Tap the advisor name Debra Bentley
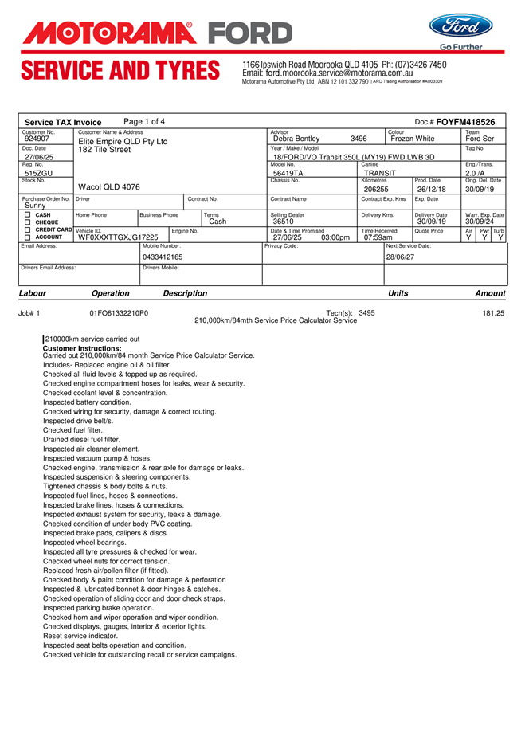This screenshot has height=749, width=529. click(296, 139)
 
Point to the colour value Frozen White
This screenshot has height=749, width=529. click(413, 139)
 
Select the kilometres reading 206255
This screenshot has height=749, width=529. click(376, 189)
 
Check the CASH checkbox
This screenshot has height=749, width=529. click(27, 214)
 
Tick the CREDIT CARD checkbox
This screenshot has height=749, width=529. click(27, 229)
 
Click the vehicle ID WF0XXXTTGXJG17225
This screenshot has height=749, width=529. click(118, 237)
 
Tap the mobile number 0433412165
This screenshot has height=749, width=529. click(163, 257)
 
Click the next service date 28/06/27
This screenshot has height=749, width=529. click(400, 257)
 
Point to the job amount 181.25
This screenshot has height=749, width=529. click(493, 313)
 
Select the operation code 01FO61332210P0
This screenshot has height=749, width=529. click(119, 313)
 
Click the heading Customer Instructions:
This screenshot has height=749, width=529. click(82, 348)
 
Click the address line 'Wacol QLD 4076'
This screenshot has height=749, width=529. click(109, 187)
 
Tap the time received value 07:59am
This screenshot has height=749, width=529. click(378, 237)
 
